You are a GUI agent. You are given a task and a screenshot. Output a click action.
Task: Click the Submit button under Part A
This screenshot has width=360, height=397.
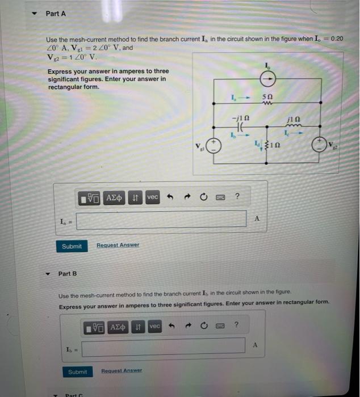(72, 246)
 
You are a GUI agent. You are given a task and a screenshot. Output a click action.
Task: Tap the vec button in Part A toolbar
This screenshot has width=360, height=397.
(152, 197)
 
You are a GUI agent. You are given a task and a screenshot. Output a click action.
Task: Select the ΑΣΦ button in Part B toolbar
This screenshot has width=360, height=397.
(118, 326)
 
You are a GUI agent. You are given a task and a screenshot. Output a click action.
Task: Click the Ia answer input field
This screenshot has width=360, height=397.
(161, 219)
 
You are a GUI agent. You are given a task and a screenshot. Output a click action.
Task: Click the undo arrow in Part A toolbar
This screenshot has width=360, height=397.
(169, 197)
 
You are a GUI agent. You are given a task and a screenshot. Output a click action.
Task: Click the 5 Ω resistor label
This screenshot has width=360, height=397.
(267, 97)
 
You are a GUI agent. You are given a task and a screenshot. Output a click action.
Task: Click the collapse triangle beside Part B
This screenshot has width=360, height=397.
(48, 273)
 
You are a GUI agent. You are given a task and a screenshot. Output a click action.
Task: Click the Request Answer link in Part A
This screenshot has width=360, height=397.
(118, 246)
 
